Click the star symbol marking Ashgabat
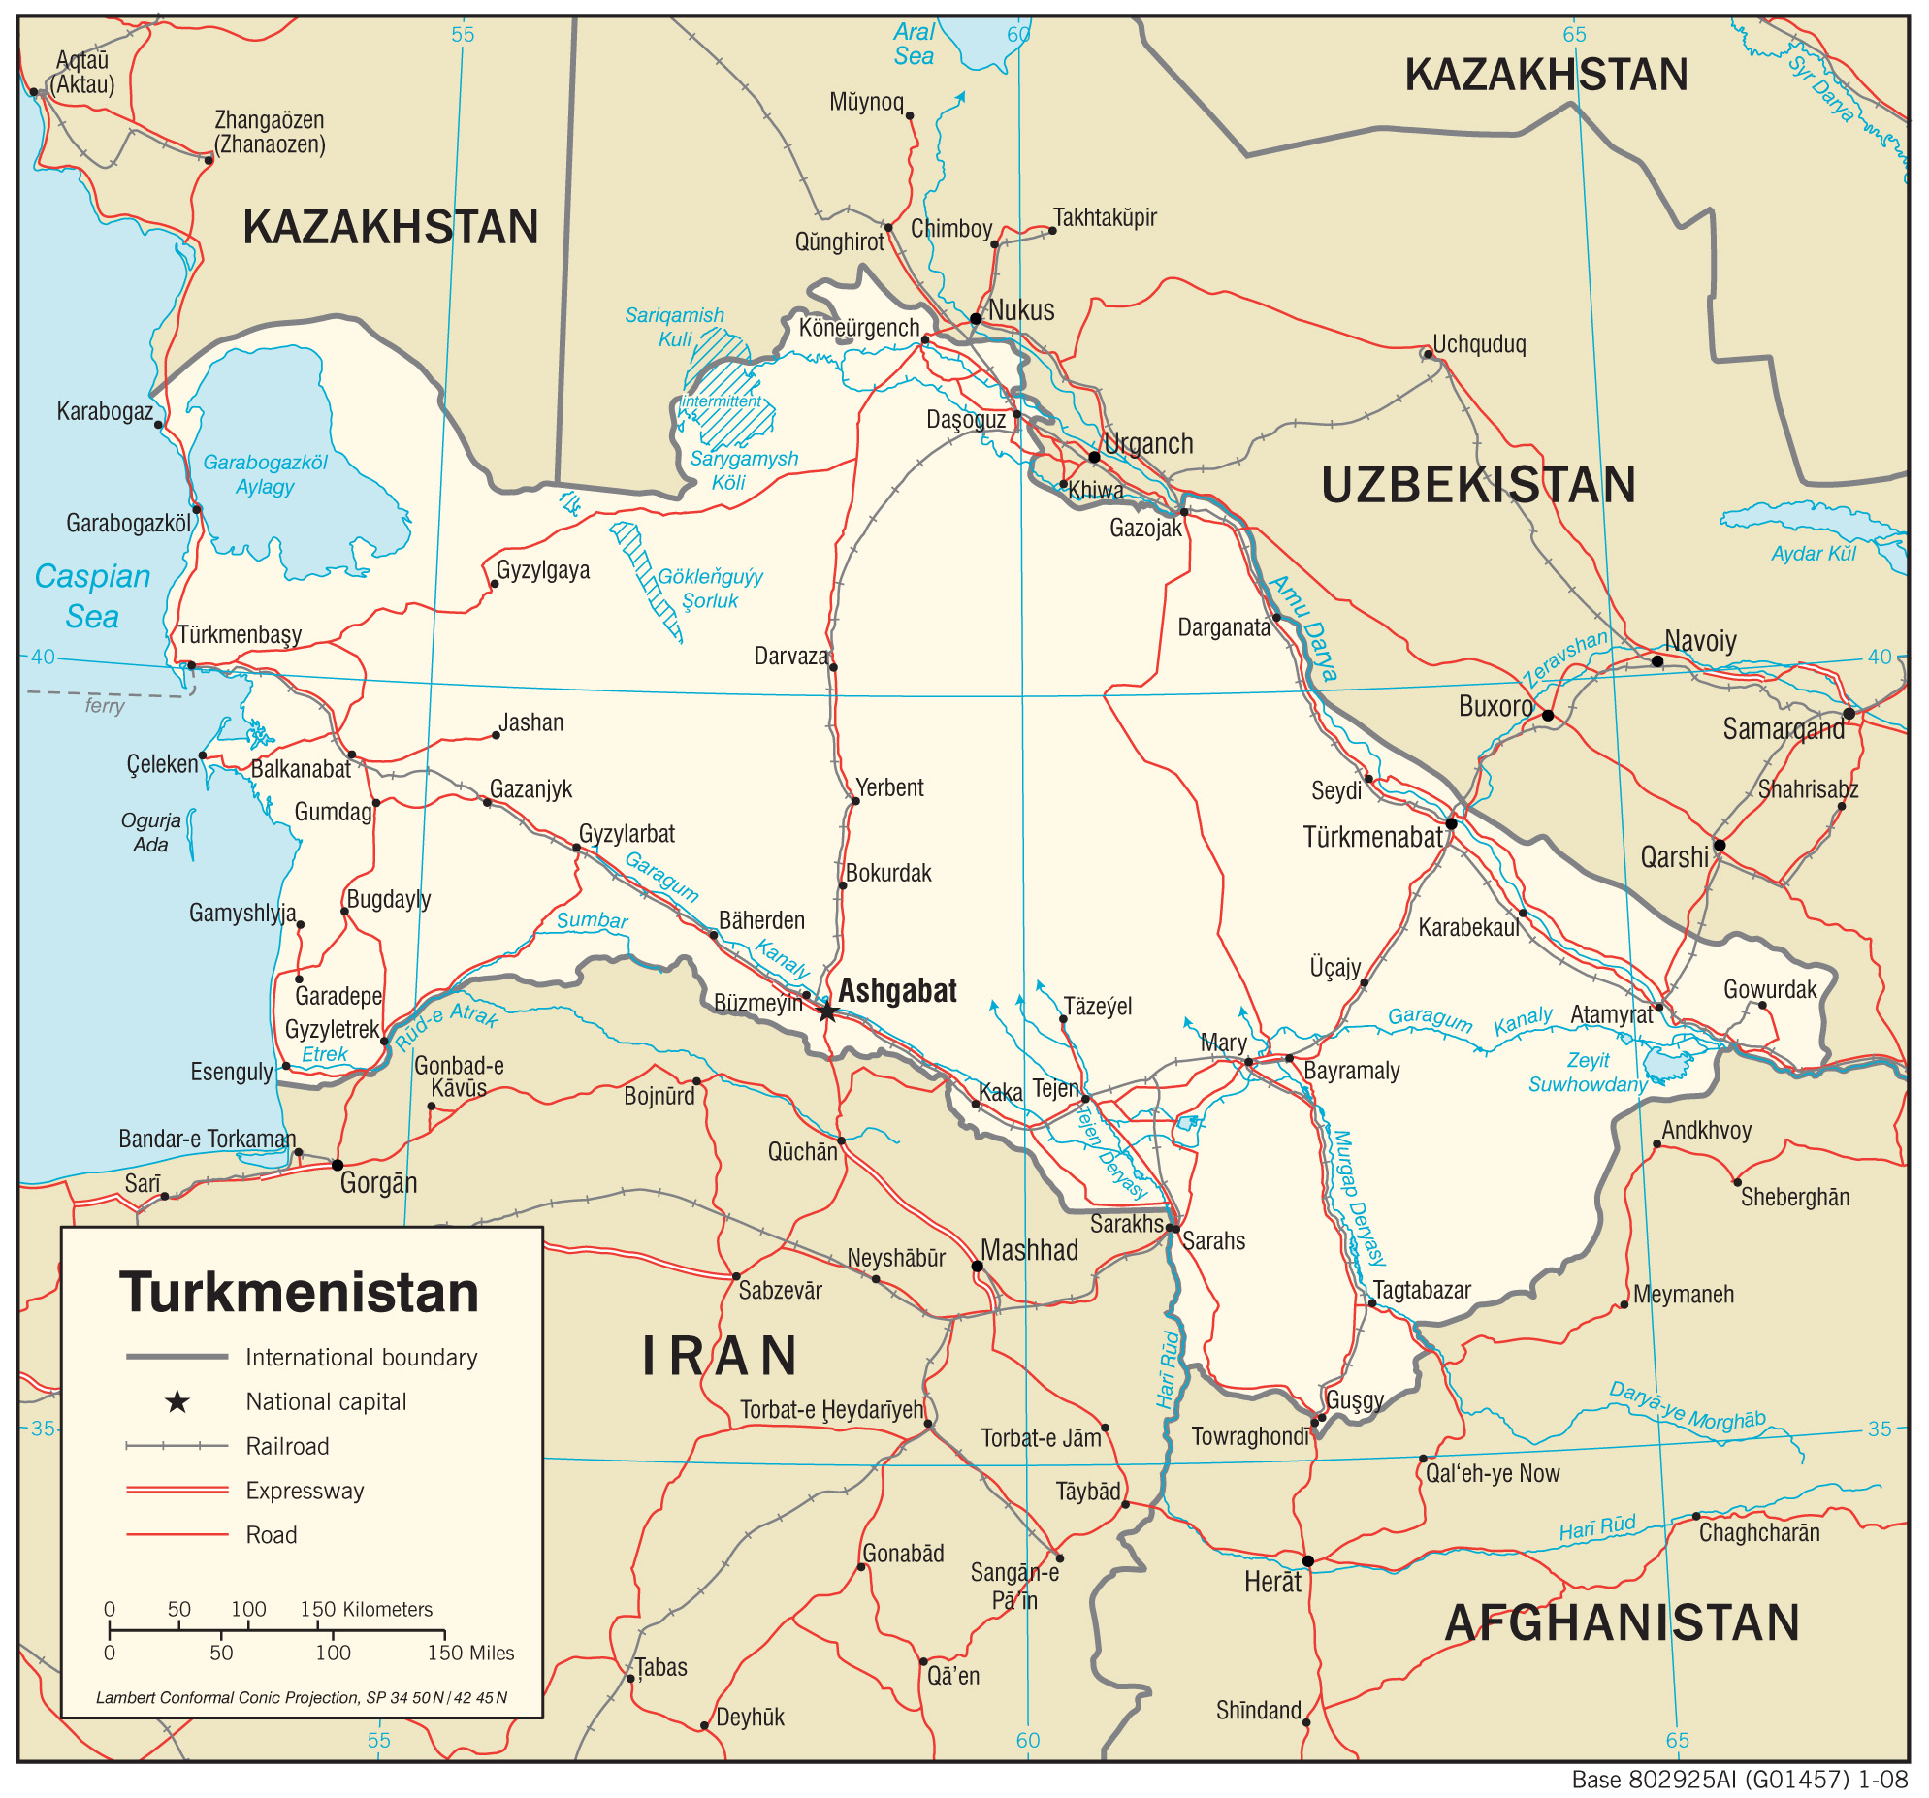click(826, 1012)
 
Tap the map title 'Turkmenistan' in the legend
click(299, 1293)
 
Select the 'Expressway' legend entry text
click(305, 1491)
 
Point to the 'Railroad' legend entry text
click(287, 1446)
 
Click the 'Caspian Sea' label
click(92, 595)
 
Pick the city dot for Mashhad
click(978, 1267)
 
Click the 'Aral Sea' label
click(913, 45)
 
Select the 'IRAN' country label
click(720, 1356)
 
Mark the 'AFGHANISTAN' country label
click(1622, 1623)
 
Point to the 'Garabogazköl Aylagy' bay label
click(265, 473)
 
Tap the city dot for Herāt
click(1308, 1561)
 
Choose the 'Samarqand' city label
click(1784, 728)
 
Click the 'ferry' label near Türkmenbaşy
click(105, 705)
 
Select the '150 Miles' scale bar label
click(470, 1653)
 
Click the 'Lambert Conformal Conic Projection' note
click(301, 1697)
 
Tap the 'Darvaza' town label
click(790, 656)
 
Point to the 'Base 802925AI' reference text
click(1739, 1780)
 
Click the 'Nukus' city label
click(1021, 310)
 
